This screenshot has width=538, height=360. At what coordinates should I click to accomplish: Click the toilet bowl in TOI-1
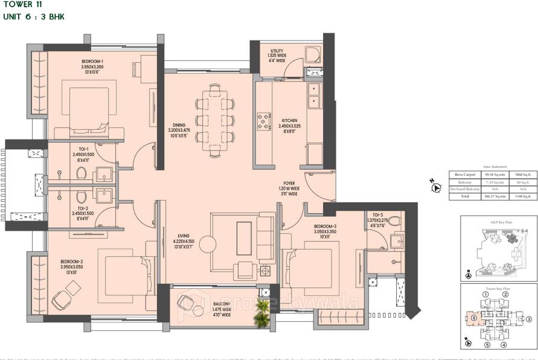click(x=82, y=173)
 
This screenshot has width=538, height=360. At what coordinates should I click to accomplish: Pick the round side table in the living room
click(x=207, y=244)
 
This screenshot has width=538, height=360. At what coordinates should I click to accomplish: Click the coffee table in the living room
click(x=245, y=235)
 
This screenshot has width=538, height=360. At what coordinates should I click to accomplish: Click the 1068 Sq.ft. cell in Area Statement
click(x=522, y=175)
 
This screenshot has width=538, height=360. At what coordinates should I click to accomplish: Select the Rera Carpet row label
click(x=465, y=175)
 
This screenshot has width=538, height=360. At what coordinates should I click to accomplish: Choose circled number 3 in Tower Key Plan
click(x=529, y=319)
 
